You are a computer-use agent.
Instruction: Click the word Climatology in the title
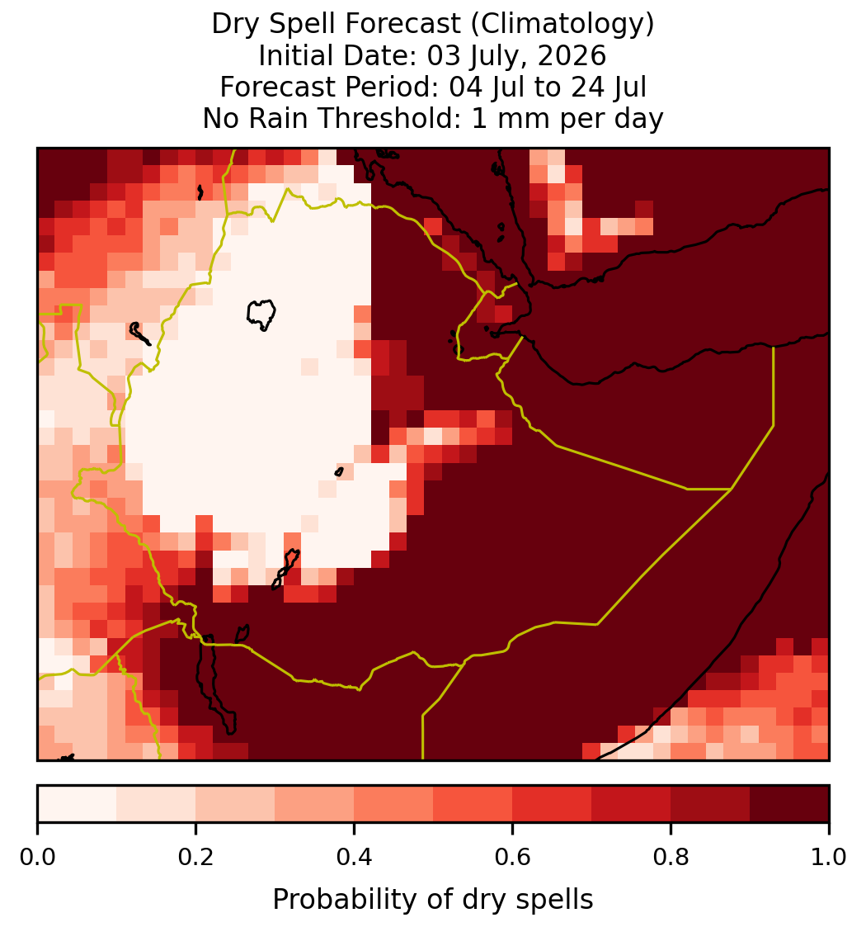click(x=562, y=24)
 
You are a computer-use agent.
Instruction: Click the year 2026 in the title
click(x=572, y=55)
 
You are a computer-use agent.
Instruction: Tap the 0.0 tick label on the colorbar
click(x=37, y=858)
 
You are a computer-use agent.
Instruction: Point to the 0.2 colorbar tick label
click(x=195, y=858)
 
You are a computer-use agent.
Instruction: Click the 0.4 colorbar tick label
click(x=355, y=858)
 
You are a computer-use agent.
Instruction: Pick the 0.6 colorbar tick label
click(x=512, y=858)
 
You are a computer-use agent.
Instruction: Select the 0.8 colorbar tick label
click(x=671, y=858)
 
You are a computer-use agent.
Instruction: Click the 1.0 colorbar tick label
click(x=829, y=858)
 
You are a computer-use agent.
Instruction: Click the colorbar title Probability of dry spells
click(x=433, y=900)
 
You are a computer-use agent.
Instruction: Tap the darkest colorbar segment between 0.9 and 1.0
click(x=789, y=804)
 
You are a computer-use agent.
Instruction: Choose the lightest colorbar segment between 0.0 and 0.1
click(x=78, y=804)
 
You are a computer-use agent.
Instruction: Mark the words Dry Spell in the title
click(x=267, y=25)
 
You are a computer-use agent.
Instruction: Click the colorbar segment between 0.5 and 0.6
click(x=473, y=804)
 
